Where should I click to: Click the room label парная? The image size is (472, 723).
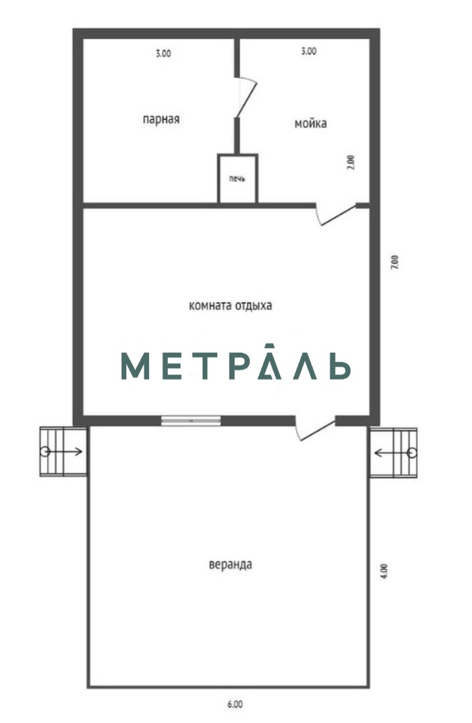(160, 119)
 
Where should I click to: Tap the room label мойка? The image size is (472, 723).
(311, 123)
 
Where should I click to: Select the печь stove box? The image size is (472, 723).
(237, 179)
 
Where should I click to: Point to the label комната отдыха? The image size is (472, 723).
(230, 305)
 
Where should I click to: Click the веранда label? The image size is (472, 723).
(230, 564)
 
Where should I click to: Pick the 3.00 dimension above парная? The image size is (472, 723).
(163, 54)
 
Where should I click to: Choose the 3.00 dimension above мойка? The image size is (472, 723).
(308, 51)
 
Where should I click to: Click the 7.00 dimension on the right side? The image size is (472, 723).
(394, 262)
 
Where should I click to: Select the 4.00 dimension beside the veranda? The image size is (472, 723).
(385, 571)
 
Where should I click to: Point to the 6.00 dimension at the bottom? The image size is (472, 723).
(235, 704)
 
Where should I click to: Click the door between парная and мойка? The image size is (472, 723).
(245, 97)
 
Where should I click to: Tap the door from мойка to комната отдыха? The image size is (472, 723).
(336, 214)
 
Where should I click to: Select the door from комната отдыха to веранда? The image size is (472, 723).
(315, 429)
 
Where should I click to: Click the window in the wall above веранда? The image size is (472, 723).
(191, 420)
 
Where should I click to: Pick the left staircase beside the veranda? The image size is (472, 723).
(63, 451)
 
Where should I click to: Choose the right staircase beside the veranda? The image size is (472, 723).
(394, 453)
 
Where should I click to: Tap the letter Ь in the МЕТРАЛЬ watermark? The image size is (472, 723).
(340, 366)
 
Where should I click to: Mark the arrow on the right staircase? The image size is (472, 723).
(392, 453)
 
